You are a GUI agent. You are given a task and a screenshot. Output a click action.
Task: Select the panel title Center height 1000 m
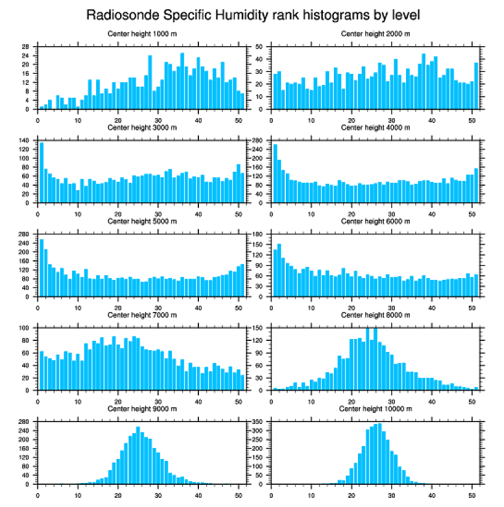point(142,33)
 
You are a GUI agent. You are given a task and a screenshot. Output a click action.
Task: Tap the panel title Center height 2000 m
point(375,33)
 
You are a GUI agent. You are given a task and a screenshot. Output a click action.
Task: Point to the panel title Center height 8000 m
point(375,315)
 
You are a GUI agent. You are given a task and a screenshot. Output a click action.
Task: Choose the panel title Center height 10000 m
point(375,409)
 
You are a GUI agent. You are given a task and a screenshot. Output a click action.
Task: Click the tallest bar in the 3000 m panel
point(41,173)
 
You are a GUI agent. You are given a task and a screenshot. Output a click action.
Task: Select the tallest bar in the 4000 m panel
point(275,173)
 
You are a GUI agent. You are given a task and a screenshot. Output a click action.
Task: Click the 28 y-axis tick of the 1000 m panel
point(26,47)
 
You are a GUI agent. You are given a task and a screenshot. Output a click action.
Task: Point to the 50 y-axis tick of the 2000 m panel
point(260,47)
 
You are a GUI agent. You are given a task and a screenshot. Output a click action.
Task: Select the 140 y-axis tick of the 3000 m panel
point(24,141)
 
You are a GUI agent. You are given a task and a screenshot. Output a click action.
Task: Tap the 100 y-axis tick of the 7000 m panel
point(24,328)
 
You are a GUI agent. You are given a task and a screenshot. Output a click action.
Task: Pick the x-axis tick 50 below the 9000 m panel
point(238,493)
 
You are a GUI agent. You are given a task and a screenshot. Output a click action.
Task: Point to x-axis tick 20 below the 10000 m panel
point(351,493)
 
